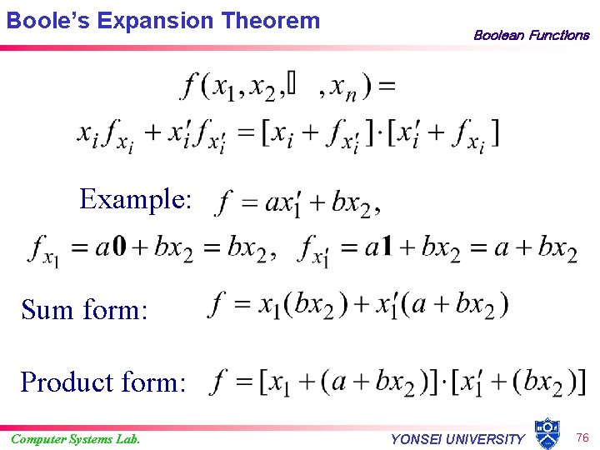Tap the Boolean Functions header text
pos(531,35)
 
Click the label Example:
pos(136,199)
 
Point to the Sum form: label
pos(84,310)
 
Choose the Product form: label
pos(103,382)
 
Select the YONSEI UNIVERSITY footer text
pos(457,439)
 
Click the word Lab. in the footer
pos(127,439)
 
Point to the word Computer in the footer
pos(33,439)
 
